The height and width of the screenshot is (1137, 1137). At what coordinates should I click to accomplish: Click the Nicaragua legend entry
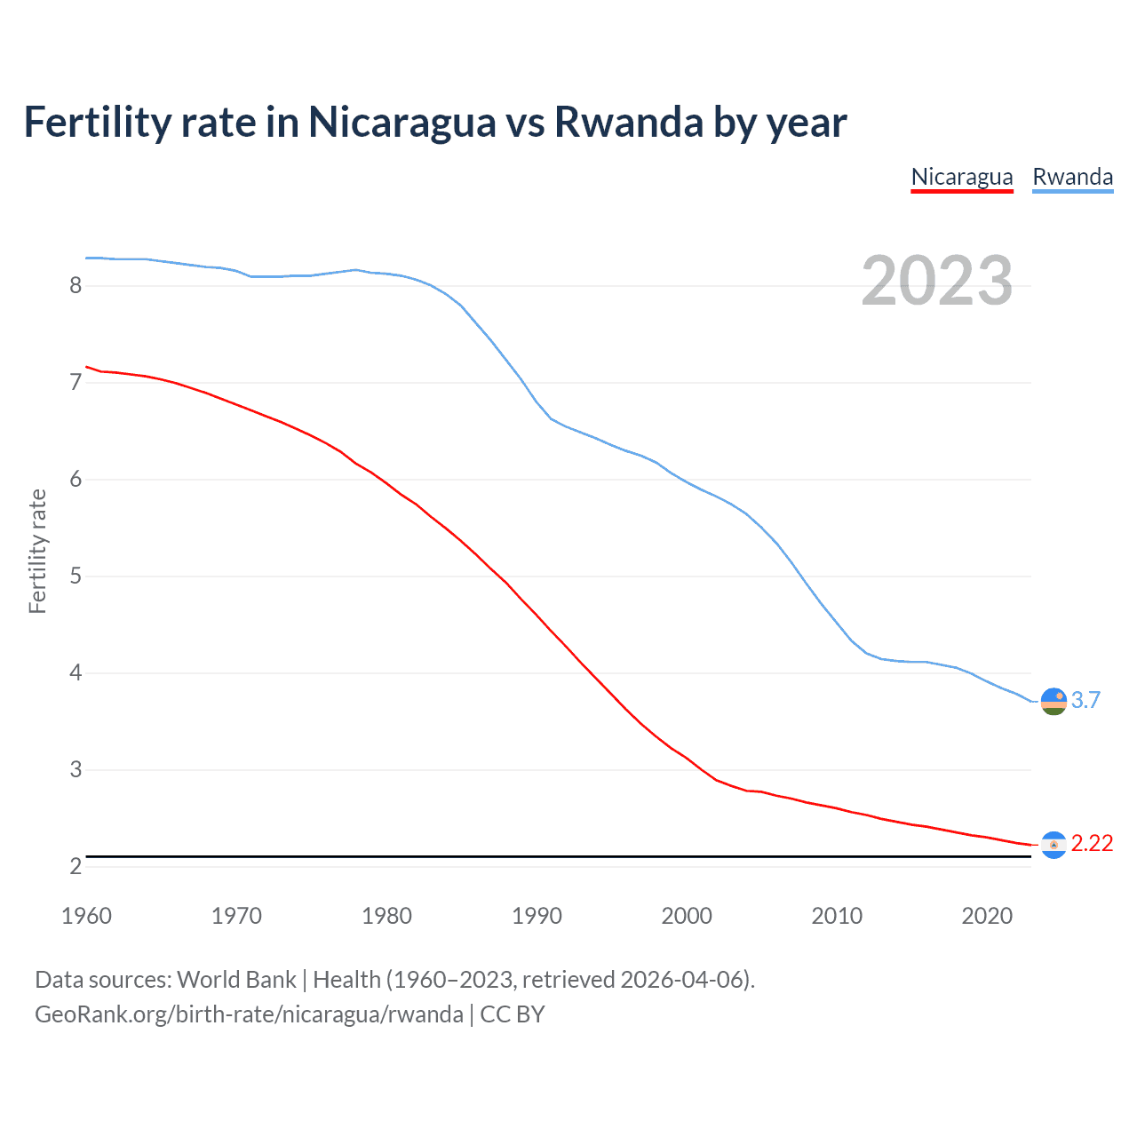pyautogui.click(x=962, y=177)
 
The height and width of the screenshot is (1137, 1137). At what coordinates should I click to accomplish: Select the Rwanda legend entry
pyautogui.click(x=1072, y=177)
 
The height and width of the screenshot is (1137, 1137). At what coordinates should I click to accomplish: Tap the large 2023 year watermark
pyautogui.click(x=936, y=281)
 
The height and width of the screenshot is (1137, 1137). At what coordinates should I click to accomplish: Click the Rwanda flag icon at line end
pyautogui.click(x=1054, y=701)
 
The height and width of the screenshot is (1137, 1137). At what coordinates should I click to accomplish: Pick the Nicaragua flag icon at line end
pyautogui.click(x=1054, y=845)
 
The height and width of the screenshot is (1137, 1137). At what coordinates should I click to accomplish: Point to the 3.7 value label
pyautogui.click(x=1085, y=700)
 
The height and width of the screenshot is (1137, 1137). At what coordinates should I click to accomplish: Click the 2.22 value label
pyautogui.click(x=1092, y=843)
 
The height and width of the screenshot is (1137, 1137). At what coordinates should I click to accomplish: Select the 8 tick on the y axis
pyautogui.click(x=76, y=285)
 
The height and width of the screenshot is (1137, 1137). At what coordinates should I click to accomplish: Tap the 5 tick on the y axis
pyautogui.click(x=76, y=576)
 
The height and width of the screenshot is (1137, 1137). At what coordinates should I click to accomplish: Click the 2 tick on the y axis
pyautogui.click(x=76, y=866)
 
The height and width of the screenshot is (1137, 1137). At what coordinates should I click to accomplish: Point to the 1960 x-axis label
pyautogui.click(x=86, y=916)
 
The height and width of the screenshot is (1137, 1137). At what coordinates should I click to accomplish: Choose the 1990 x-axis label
pyautogui.click(x=537, y=916)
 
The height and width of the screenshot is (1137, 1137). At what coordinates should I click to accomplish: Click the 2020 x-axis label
pyautogui.click(x=987, y=916)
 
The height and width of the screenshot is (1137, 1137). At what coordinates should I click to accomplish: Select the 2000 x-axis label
pyautogui.click(x=687, y=916)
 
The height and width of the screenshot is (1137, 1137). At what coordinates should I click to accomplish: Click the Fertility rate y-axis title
pyautogui.click(x=37, y=551)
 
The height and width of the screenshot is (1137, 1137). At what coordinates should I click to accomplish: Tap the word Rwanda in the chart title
pyautogui.click(x=629, y=122)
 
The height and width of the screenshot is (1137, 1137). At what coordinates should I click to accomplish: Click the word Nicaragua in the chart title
pyautogui.click(x=402, y=122)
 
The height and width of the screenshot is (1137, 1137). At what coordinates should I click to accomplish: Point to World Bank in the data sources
pyautogui.click(x=236, y=980)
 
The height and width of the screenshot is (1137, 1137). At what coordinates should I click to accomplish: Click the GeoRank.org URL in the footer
pyautogui.click(x=249, y=1014)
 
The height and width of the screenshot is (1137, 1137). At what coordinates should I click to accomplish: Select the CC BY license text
pyautogui.click(x=513, y=1014)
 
